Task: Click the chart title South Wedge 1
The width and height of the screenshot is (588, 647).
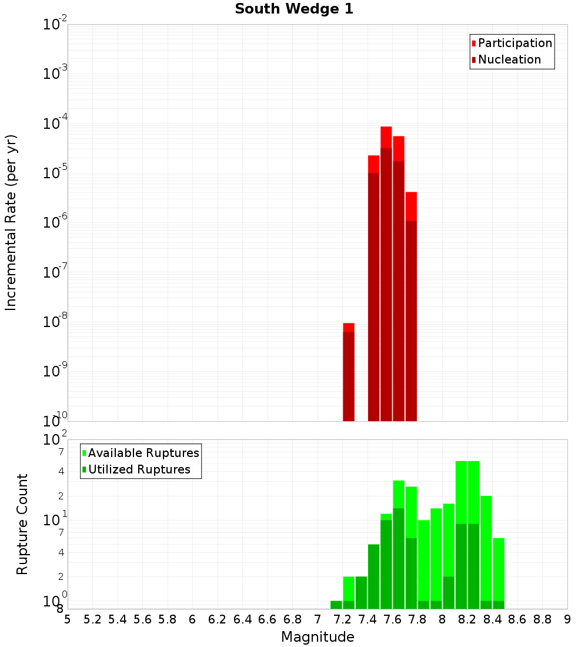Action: (x=294, y=9)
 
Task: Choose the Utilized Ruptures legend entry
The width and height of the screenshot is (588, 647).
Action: (x=138, y=469)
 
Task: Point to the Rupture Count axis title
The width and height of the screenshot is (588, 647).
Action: (x=22, y=524)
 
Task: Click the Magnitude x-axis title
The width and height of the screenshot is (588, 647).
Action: (x=318, y=637)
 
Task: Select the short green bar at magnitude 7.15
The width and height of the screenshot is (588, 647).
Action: (x=336, y=605)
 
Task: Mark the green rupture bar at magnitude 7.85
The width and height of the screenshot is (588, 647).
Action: (x=423, y=565)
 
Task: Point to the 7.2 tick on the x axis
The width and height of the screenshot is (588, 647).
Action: (x=342, y=619)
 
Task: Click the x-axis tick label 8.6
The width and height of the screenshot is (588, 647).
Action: (x=517, y=619)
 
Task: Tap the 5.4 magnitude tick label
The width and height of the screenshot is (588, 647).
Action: (x=118, y=619)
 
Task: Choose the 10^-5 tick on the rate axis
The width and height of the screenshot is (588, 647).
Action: (x=55, y=173)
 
